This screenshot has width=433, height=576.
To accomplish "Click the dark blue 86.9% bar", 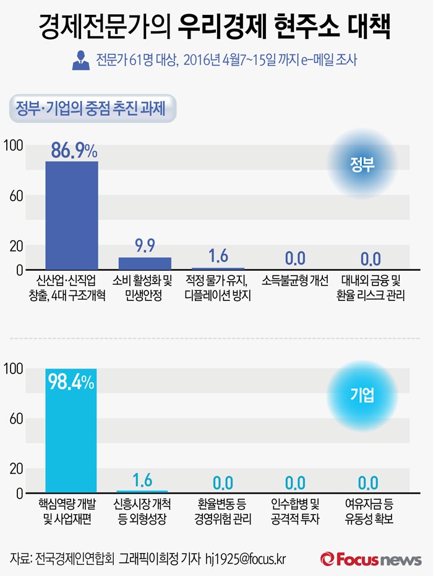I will [x=72, y=215].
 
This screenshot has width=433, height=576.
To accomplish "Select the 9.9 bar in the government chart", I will [x=145, y=263].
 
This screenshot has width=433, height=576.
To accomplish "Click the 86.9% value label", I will [x=74, y=151].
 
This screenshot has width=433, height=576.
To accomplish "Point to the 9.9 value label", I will [x=145, y=246].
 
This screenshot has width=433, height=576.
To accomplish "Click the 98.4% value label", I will [x=71, y=382].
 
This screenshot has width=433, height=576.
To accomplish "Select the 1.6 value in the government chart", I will [x=218, y=256].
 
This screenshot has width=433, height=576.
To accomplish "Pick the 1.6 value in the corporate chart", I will [x=142, y=480].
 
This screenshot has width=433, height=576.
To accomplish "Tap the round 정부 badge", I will [x=361, y=164].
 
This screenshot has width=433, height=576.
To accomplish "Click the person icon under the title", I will [x=80, y=61].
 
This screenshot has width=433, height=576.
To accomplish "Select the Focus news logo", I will [x=371, y=559].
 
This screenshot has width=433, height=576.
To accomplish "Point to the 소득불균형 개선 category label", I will [x=294, y=280].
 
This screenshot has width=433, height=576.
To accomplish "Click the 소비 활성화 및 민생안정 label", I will [x=145, y=287].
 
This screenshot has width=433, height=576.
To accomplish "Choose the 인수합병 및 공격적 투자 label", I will [x=296, y=511].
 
